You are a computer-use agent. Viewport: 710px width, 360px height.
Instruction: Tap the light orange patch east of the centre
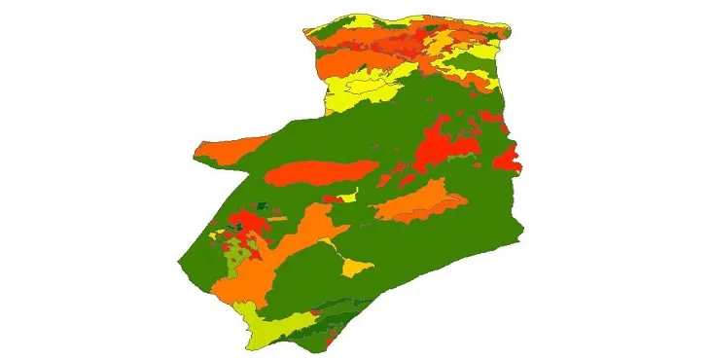coord(418,203)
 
